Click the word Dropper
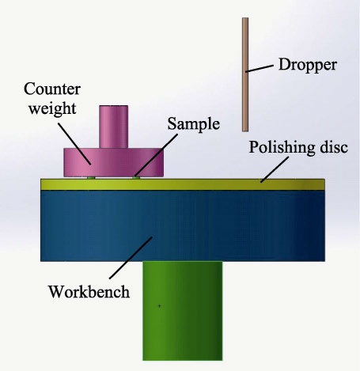coord(308,66)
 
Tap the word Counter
coord(52,89)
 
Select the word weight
coord(52,108)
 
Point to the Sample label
coord(194,124)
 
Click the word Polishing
coord(282,148)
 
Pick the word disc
coord(334,147)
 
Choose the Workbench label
coord(89,292)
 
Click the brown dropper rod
coord(245,74)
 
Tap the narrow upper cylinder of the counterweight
coord(114,127)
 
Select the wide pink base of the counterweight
coord(114,162)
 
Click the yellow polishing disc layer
coord(183,184)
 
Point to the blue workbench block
coord(183,225)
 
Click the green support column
coord(183,311)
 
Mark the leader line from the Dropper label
coord(260,68)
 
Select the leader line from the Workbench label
coord(131,258)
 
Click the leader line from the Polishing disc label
coord(275,169)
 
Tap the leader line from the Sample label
coord(156,155)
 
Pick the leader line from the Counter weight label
coord(74,144)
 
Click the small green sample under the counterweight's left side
coord(91,178)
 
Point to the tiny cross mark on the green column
coord(159,306)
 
